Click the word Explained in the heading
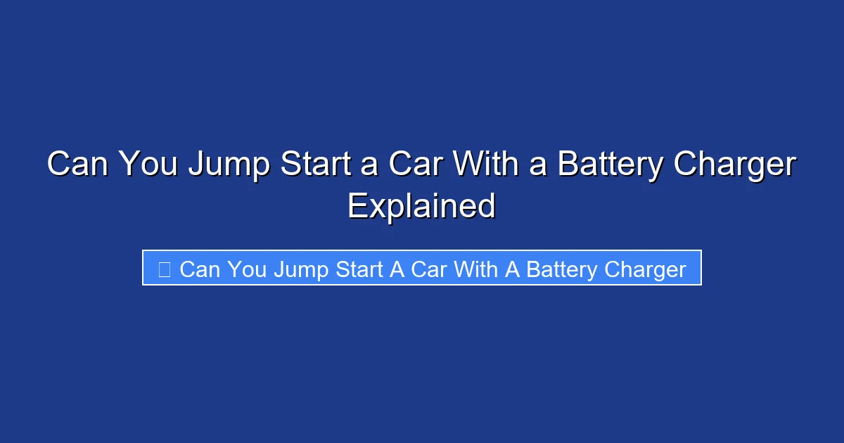[x=422, y=206]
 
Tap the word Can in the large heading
[x=78, y=165]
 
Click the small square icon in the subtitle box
[x=164, y=269]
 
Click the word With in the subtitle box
[x=477, y=269]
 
